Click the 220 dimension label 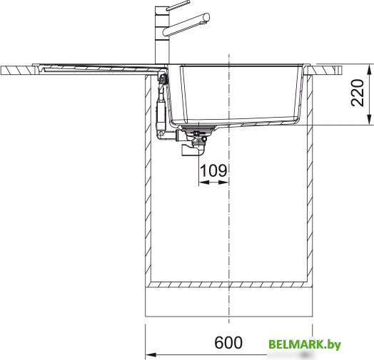(358, 93)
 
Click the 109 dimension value (213, 170)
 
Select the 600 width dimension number (228, 343)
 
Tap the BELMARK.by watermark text (305, 344)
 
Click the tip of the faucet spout (206, 17)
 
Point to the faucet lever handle (178, 6)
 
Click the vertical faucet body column (162, 35)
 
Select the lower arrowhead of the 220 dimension (370, 120)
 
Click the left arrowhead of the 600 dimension (151, 355)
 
